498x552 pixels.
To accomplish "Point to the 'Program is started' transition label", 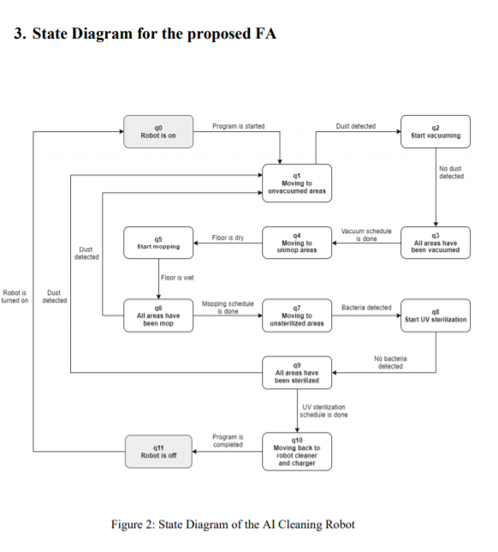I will (x=238, y=126).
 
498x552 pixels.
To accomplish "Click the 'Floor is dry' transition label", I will (x=228, y=237).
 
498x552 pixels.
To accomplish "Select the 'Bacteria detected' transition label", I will (x=366, y=308).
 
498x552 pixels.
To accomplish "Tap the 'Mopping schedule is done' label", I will (x=227, y=308).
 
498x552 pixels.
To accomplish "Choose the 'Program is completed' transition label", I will (x=228, y=441).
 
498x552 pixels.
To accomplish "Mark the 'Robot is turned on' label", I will (x=15, y=297).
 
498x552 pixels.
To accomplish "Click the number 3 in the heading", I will (x=20, y=34).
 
